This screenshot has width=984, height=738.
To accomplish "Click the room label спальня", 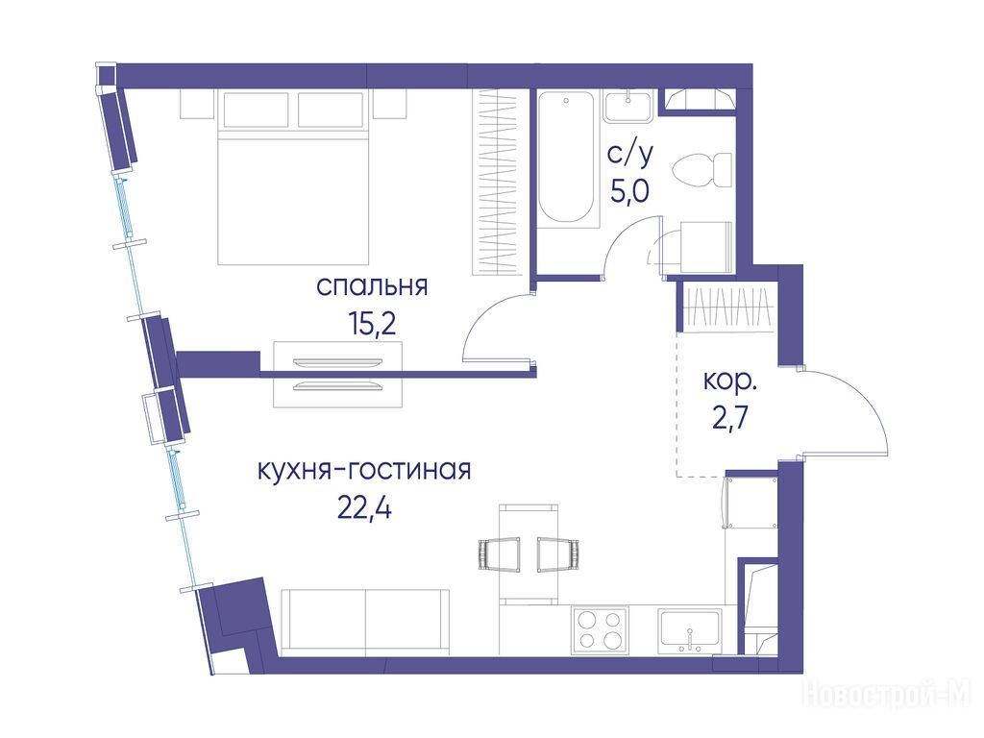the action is point(372,286).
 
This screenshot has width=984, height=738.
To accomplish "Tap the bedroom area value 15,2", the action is point(372,324).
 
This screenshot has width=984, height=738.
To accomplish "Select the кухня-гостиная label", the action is point(364,469).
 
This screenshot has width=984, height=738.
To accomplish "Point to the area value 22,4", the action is point(364,507).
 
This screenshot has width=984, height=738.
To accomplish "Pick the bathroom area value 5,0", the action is point(630,190).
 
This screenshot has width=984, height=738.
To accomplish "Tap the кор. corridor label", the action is point(730,381).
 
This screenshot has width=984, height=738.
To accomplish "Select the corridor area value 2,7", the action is point(730,418).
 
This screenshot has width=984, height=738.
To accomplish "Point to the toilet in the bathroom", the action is point(701,170).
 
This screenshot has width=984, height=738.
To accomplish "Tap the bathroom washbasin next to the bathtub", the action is point(628,106).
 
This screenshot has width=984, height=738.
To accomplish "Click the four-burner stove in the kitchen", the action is point(600,630).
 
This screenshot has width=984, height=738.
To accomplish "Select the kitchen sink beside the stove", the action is point(690,630).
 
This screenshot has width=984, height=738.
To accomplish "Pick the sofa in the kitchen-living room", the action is point(365,623).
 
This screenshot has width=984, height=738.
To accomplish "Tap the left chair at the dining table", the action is point(500,554).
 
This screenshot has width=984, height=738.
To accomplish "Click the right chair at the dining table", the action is point(558,554).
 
